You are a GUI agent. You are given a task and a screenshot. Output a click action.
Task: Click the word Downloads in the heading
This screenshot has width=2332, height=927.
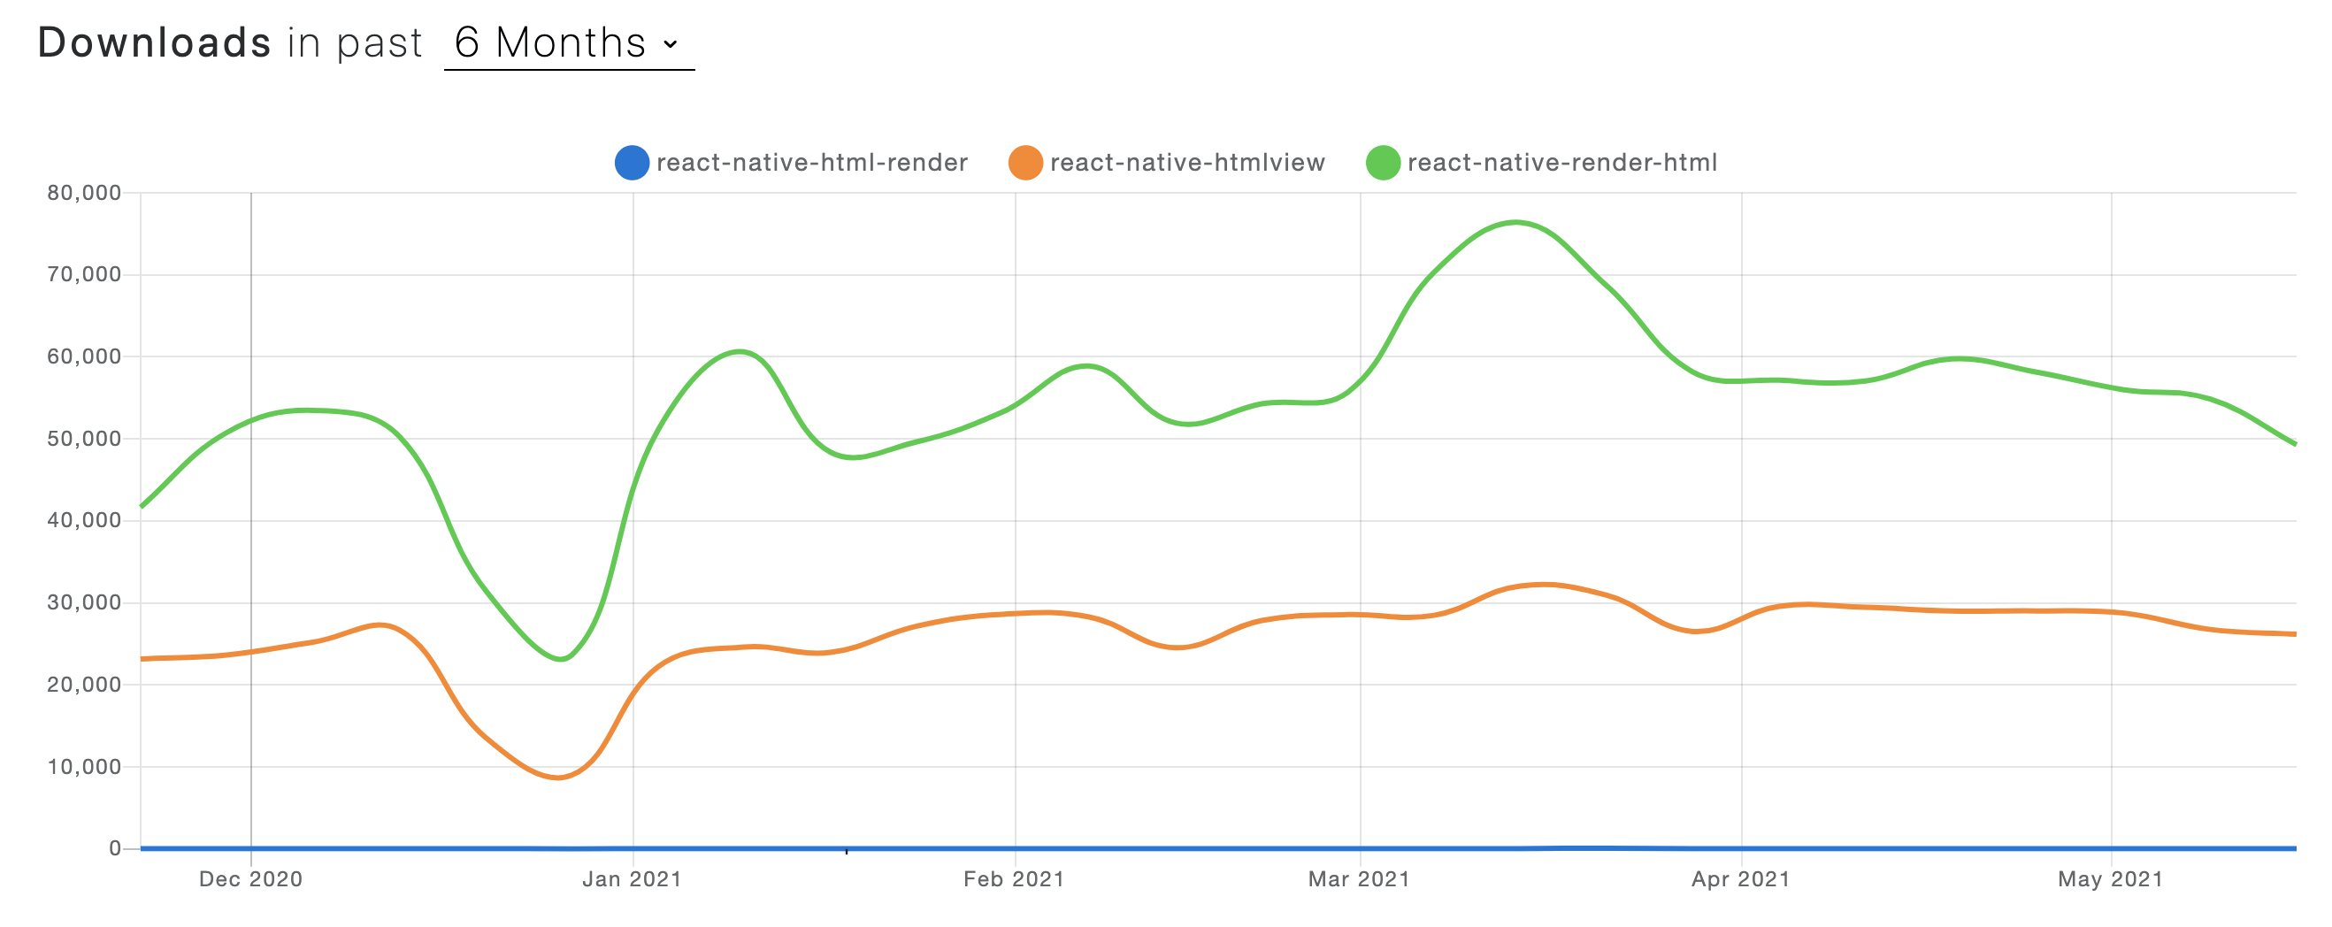154,42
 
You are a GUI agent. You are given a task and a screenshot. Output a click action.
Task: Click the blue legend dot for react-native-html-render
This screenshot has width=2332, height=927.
631,163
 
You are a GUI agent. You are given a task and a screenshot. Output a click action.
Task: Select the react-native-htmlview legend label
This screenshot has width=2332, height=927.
1187,163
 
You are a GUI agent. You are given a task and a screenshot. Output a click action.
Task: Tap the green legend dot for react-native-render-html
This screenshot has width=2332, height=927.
1383,163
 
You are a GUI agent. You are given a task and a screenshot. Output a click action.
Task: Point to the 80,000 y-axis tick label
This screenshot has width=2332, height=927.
84,193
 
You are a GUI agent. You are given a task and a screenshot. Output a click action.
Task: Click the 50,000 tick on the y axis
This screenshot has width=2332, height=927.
84,439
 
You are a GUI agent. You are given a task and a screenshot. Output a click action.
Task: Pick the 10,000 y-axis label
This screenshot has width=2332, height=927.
84,768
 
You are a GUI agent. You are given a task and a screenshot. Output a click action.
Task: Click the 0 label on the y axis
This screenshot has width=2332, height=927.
115,849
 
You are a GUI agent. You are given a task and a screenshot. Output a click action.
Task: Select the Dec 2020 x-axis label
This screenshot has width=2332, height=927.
250,879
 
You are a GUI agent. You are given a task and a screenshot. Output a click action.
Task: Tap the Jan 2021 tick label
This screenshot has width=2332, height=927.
632,879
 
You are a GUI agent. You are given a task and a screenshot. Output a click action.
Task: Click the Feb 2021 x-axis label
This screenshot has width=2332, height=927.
1014,879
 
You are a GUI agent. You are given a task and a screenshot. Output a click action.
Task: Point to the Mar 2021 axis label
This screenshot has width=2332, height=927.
1359,879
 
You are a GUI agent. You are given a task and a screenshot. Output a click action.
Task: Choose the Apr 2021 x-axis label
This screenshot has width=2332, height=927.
1741,879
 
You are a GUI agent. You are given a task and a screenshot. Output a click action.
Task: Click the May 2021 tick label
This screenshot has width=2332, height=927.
2110,879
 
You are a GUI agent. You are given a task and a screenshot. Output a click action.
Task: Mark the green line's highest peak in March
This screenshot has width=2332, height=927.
1516,222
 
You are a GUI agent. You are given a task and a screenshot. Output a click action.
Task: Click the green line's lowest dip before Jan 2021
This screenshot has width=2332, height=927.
561,659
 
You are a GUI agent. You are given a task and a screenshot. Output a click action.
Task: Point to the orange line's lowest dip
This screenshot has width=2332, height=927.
557,778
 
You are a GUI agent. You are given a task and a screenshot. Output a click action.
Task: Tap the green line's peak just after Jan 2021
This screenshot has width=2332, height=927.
740,351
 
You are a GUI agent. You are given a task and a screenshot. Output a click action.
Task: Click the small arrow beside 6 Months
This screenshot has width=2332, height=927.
670,43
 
